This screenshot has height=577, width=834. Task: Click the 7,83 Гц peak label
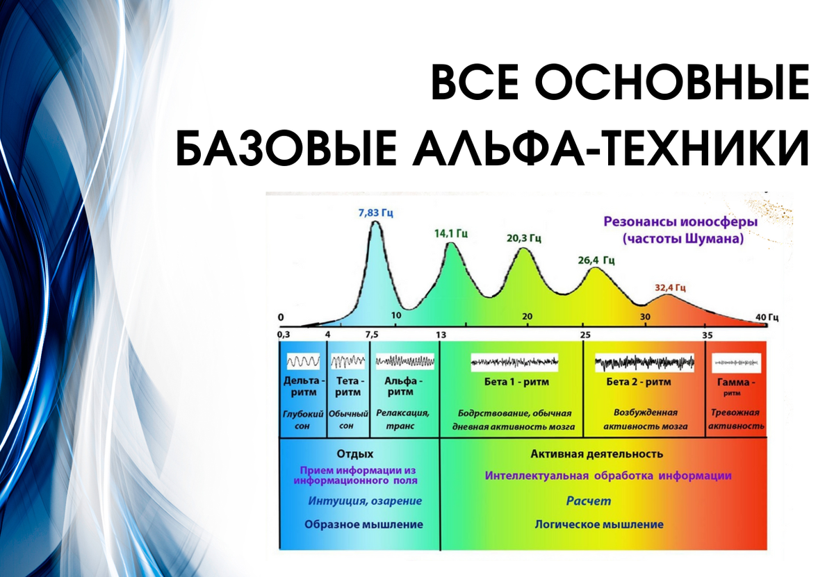(376, 213)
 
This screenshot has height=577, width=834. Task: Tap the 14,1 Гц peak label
(451, 233)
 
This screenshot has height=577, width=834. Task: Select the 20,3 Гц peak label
(524, 238)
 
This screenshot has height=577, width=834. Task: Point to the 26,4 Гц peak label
(596, 260)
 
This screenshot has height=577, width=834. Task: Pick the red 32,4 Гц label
(670, 287)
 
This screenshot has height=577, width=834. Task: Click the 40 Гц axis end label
(767, 317)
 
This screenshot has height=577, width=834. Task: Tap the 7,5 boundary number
(372, 335)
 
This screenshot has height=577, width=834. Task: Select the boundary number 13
(441, 335)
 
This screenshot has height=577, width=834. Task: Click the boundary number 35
(708, 335)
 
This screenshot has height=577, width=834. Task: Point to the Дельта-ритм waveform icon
(303, 361)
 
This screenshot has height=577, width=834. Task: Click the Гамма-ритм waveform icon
(737, 362)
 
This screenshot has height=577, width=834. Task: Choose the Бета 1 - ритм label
(516, 382)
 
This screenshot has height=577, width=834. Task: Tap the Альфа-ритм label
(403, 387)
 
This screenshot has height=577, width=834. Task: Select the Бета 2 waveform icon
(644, 362)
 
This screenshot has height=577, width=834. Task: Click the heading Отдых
(355, 454)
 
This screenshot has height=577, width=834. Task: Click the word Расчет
(589, 501)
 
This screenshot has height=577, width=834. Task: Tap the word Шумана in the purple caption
(714, 238)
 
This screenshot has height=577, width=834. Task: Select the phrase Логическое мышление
(599, 524)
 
